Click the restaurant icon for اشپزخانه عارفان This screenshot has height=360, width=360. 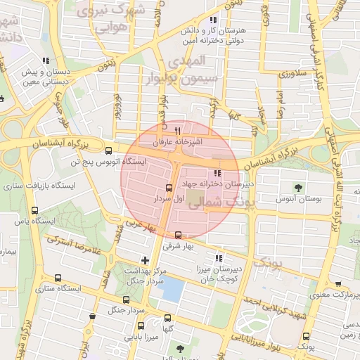pyautogui.click(x=177, y=130)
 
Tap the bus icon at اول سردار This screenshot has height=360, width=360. pyautogui.click(x=168, y=188)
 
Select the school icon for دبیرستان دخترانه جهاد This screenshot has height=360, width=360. pyautogui.click(x=217, y=172)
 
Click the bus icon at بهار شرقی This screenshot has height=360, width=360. pyautogui.click(x=178, y=235)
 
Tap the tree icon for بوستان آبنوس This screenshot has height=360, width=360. pyautogui.click(x=299, y=188)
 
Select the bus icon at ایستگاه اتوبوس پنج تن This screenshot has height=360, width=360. pyautogui.click(x=108, y=150)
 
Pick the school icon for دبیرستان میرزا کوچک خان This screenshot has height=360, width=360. pyautogui.click(x=218, y=257)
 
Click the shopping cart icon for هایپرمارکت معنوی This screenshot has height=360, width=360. pyautogui.click(x=339, y=284)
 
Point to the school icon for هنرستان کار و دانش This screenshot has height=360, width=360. pyautogui.click(x=212, y=20)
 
